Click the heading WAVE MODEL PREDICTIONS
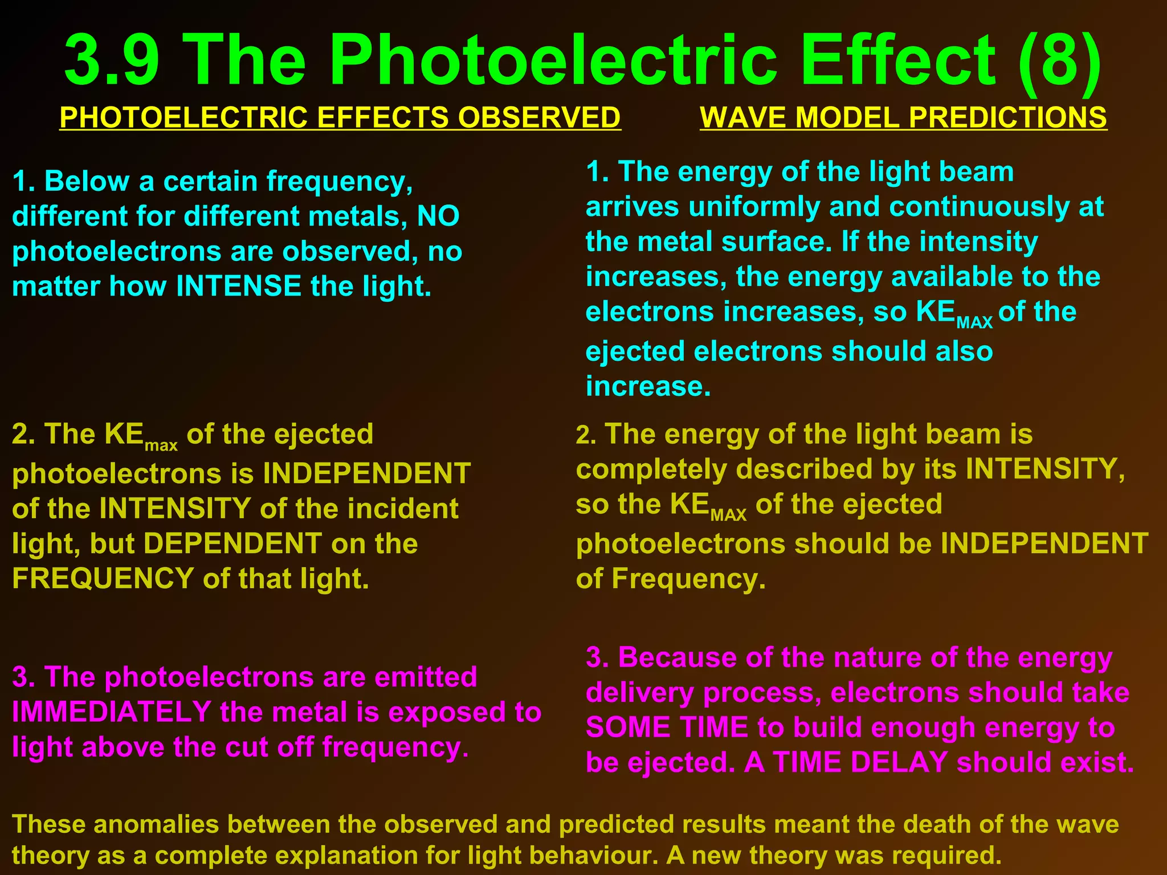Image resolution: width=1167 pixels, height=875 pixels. click(x=903, y=117)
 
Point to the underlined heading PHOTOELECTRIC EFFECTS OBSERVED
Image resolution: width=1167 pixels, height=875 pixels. click(x=340, y=117)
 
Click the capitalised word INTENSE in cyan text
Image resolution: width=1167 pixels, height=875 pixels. click(x=239, y=286)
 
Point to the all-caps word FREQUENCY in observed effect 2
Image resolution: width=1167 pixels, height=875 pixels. click(x=103, y=579)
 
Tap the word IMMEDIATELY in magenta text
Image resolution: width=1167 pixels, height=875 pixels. click(x=111, y=712)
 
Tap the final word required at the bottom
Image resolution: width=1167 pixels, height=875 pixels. click(x=946, y=856)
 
